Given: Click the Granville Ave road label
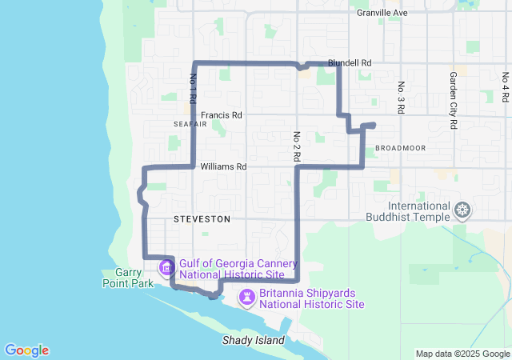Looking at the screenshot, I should [x=382, y=14].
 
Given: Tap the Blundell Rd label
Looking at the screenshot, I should [x=350, y=62].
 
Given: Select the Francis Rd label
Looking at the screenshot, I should [x=221, y=115].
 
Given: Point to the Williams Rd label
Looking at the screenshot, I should [x=223, y=167].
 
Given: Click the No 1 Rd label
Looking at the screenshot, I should [x=193, y=89].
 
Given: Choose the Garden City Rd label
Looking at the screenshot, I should [x=453, y=101].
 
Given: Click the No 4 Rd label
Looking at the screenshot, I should [x=506, y=88].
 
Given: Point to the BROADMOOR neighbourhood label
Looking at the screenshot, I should [x=400, y=148].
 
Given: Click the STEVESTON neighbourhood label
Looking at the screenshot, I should [x=202, y=218].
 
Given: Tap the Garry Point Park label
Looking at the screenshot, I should [x=122, y=278].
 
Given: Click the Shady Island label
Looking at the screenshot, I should [x=253, y=341].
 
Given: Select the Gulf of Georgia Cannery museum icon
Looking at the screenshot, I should [x=167, y=267].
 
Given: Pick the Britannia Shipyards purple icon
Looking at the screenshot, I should [x=248, y=298].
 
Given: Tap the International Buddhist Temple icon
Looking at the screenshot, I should [x=462, y=211].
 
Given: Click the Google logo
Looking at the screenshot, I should [x=26, y=350].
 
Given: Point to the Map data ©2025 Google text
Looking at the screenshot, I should [x=462, y=354].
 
